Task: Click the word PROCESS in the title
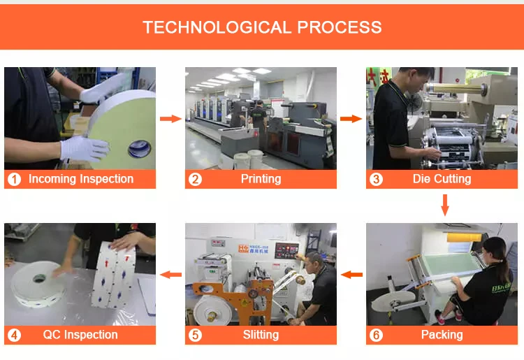(x=340, y=28)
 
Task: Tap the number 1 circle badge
(x=14, y=180)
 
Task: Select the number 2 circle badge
(x=195, y=180)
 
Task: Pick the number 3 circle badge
(x=376, y=180)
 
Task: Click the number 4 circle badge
(x=14, y=336)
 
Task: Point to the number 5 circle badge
(x=195, y=336)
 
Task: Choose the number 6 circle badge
(x=376, y=336)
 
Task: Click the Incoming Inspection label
(x=81, y=179)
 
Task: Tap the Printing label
(x=261, y=179)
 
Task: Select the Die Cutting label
(x=442, y=179)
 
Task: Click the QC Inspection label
(x=81, y=335)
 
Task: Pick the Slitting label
(x=261, y=335)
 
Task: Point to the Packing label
(x=442, y=335)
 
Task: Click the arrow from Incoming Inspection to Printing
(x=170, y=119)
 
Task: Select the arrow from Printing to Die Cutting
(x=351, y=119)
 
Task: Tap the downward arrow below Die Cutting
(x=444, y=204)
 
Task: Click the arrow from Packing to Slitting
(x=351, y=275)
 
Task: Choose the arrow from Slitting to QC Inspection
(x=170, y=275)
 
